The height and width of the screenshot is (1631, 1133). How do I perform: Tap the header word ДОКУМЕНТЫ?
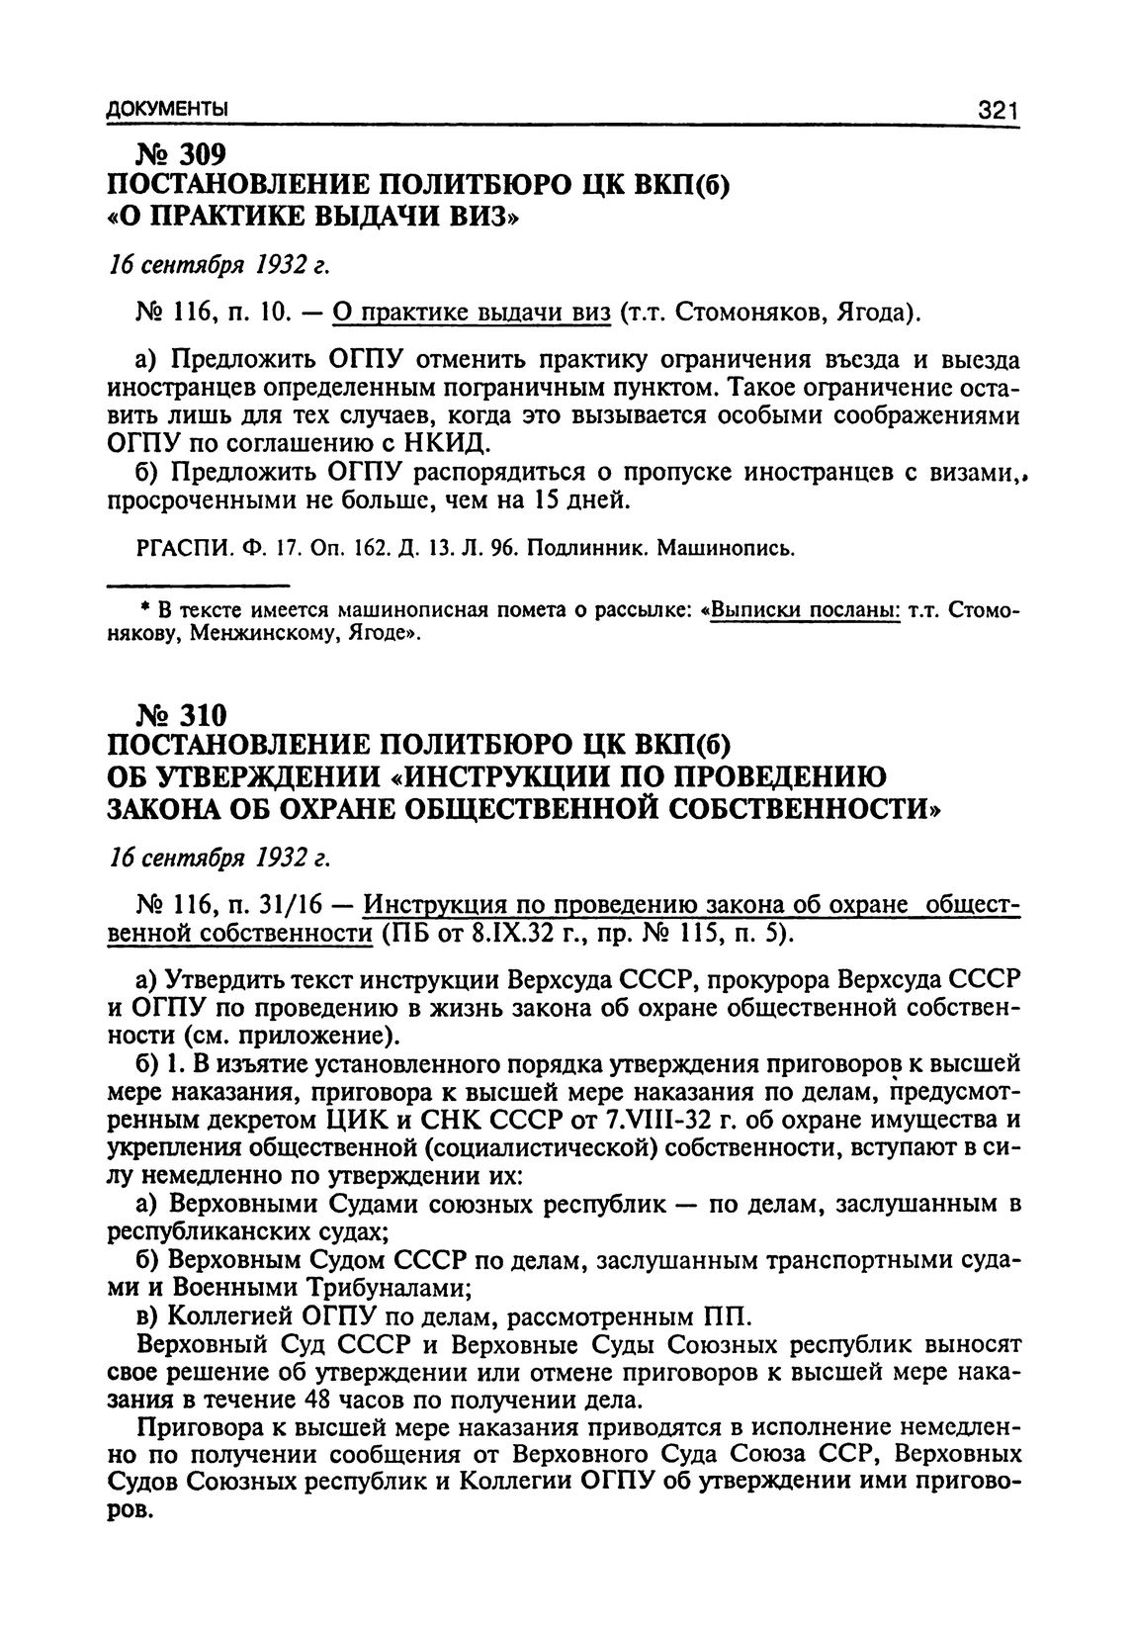tap(167, 109)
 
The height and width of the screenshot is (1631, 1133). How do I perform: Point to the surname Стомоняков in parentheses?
tap(750, 314)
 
